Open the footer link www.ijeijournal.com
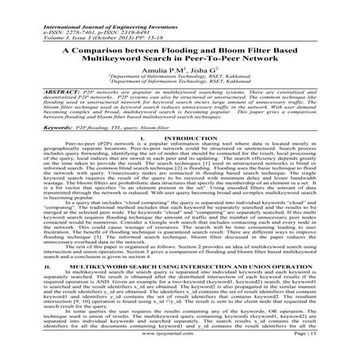180,347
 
